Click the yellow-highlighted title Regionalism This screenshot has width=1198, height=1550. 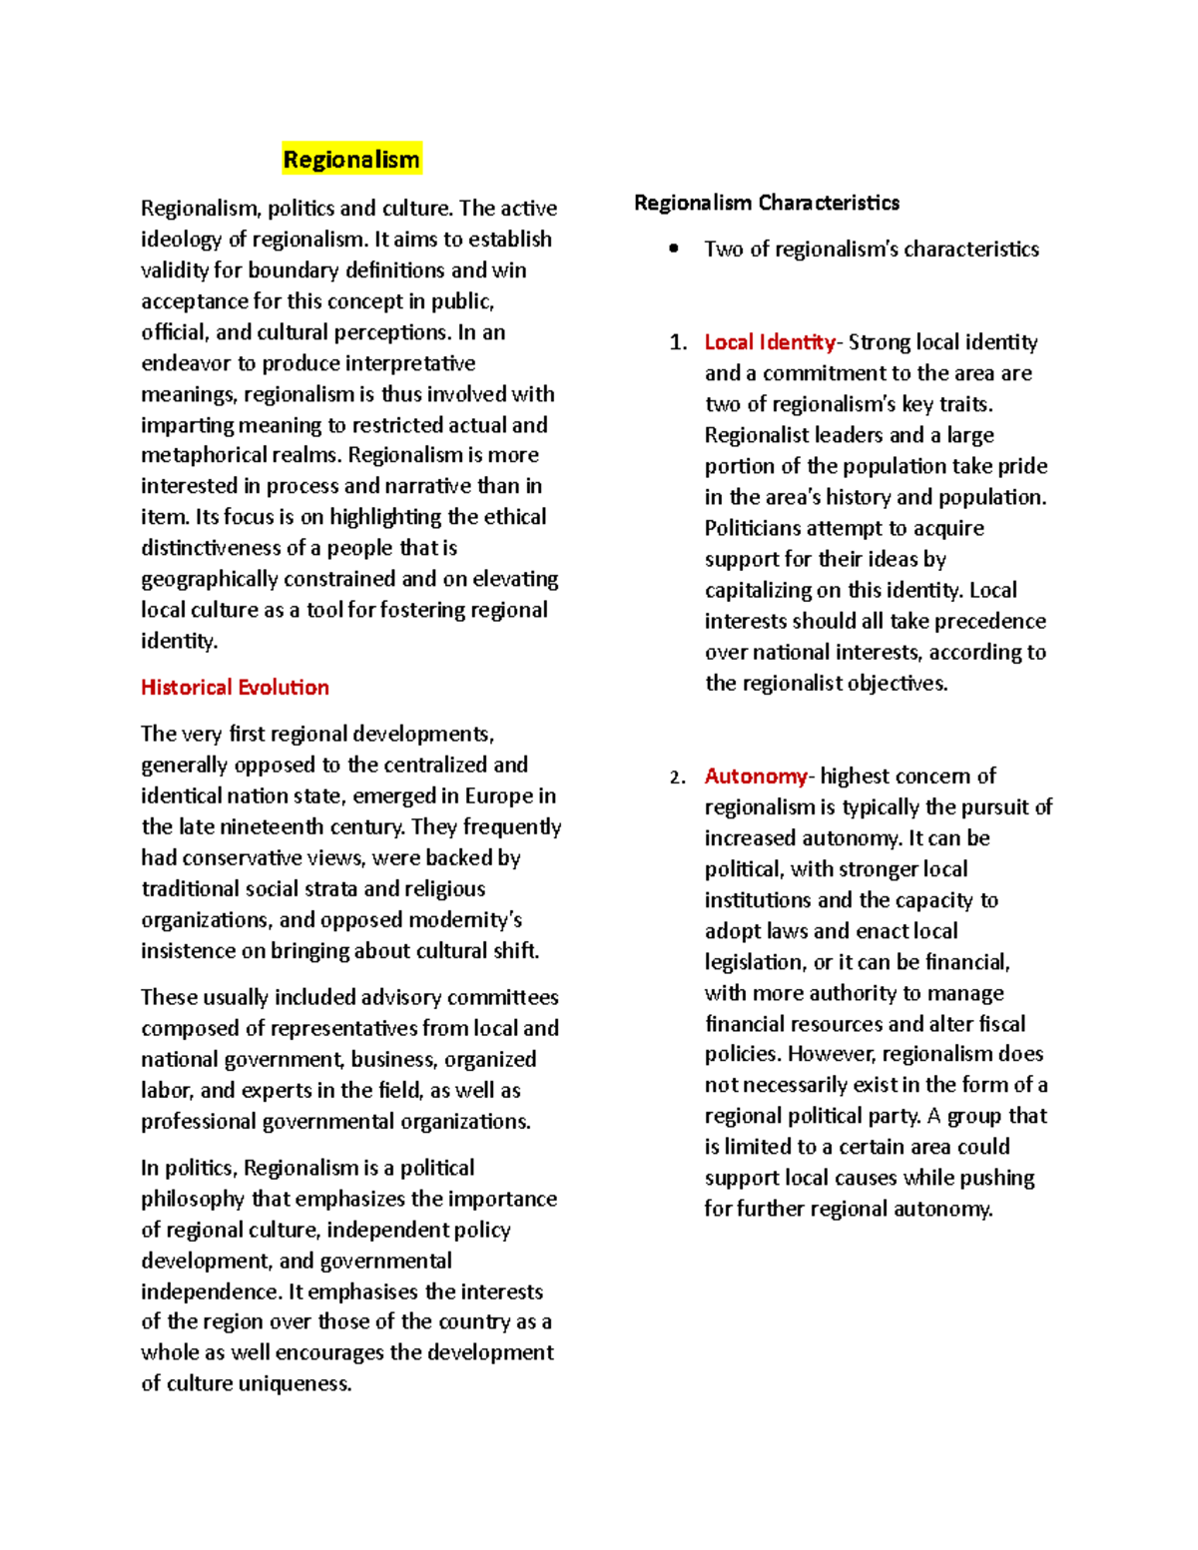click(x=351, y=160)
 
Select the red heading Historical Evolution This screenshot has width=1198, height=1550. click(x=235, y=687)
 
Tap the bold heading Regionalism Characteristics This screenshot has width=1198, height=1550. click(x=766, y=203)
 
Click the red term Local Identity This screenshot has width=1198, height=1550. click(x=770, y=342)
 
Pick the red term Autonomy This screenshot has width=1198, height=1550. click(x=756, y=775)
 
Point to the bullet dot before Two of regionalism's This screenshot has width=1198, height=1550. click(x=674, y=249)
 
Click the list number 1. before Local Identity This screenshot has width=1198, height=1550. click(x=678, y=342)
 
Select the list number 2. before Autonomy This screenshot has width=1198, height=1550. click(x=678, y=776)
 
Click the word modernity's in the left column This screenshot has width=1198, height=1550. click(x=467, y=919)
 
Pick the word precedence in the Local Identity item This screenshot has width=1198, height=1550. click(x=990, y=621)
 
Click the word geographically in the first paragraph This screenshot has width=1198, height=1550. click(x=209, y=579)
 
